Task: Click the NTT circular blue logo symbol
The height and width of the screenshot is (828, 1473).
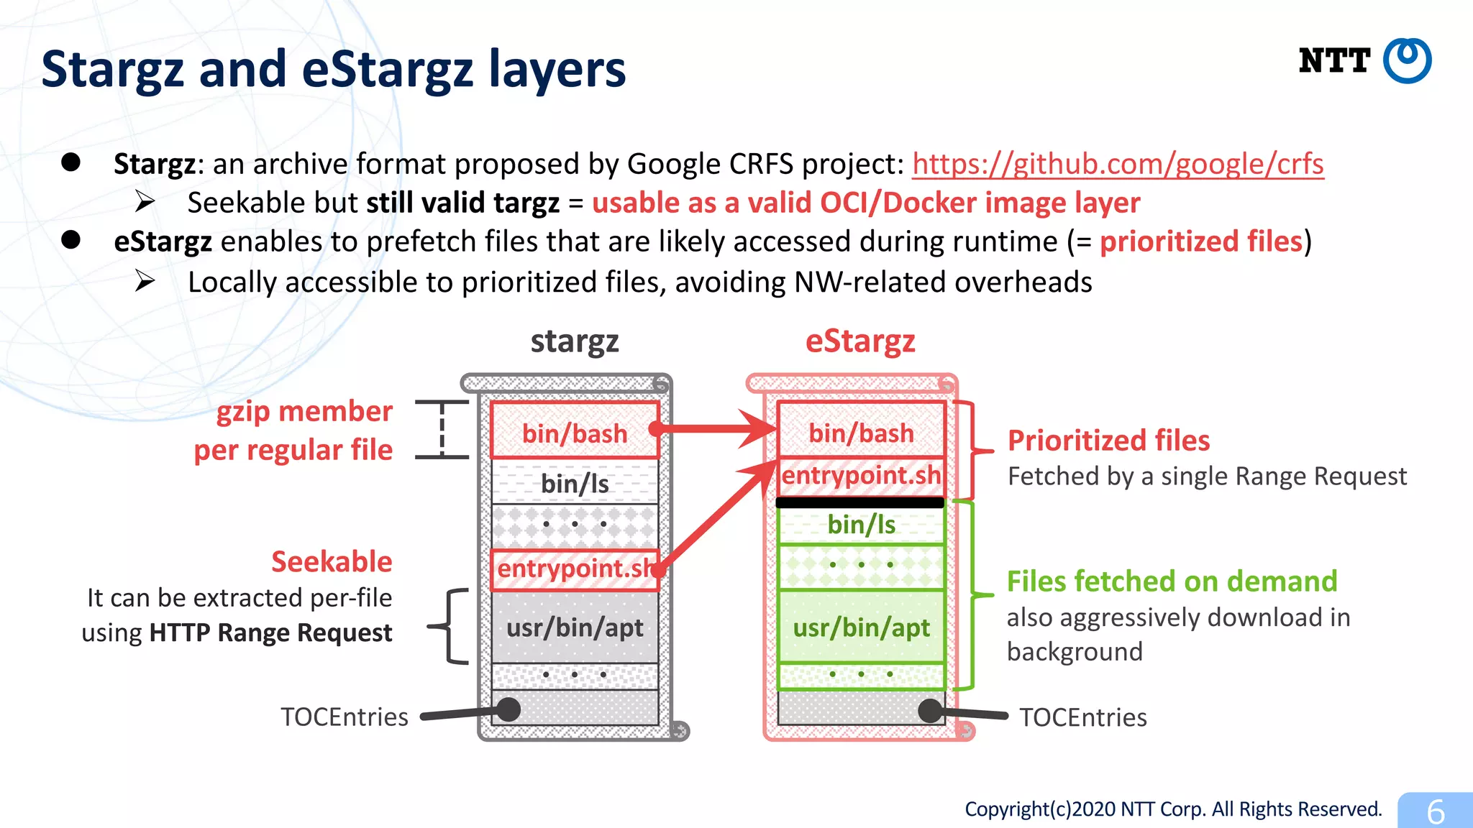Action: pyautogui.click(x=1407, y=61)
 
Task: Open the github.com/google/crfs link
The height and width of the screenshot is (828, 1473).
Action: pyautogui.click(x=1118, y=164)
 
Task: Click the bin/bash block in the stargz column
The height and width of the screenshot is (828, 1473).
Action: pyautogui.click(x=574, y=432)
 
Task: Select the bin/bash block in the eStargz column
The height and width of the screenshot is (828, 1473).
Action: pyautogui.click(x=861, y=432)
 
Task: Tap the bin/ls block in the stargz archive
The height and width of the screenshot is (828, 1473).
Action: pyautogui.click(x=574, y=483)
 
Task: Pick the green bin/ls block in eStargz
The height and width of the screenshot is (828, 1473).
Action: pyautogui.click(x=861, y=525)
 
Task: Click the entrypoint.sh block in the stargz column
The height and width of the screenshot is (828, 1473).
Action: pyautogui.click(x=574, y=569)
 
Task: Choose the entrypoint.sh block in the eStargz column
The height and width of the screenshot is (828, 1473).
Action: pyautogui.click(x=861, y=475)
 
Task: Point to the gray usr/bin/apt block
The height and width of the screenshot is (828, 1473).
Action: pyautogui.click(x=574, y=627)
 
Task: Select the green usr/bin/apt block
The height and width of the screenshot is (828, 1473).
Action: pyautogui.click(x=861, y=627)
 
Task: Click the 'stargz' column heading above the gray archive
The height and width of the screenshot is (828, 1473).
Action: pyautogui.click(x=574, y=341)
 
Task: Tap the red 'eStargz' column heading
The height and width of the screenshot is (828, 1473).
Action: pyautogui.click(x=860, y=341)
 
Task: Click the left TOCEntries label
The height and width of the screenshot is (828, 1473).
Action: pyautogui.click(x=344, y=717)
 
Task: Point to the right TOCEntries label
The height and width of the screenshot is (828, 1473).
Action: pyautogui.click(x=1082, y=717)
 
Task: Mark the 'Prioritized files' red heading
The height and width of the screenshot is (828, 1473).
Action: pyautogui.click(x=1108, y=441)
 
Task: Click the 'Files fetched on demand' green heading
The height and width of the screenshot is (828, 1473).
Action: pyautogui.click(x=1172, y=581)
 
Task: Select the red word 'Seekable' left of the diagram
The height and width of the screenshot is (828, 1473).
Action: pyautogui.click(x=332, y=561)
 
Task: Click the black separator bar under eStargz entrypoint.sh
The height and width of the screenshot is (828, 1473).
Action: pyautogui.click(x=860, y=502)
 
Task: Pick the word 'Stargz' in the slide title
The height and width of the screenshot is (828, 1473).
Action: pyautogui.click(x=114, y=70)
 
